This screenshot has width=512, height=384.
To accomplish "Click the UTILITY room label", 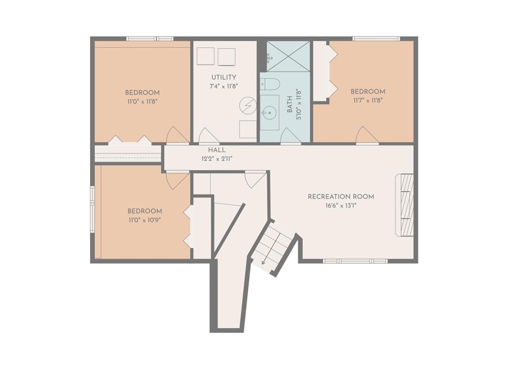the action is (223, 77).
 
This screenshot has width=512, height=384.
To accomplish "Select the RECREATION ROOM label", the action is (341, 196).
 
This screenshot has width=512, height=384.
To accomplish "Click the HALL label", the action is (217, 150).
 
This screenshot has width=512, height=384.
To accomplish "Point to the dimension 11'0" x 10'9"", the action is (144, 220).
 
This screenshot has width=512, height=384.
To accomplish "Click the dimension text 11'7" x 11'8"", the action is (367, 100).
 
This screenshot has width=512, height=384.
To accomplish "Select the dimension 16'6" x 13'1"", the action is (341, 205).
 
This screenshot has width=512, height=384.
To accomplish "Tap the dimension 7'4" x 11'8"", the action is (223, 86).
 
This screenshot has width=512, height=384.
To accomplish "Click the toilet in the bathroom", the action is (270, 84).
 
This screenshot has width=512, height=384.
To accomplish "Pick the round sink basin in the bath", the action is (269, 112).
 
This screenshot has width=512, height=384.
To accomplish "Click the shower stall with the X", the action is (288, 56).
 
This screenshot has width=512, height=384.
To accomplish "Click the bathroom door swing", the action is (290, 135).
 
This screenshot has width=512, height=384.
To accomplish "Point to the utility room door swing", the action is (209, 135).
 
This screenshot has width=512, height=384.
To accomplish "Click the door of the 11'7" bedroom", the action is (367, 134).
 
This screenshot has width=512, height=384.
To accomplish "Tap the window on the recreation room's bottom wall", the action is (355, 261).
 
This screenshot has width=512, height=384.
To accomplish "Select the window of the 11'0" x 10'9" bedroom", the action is (92, 209).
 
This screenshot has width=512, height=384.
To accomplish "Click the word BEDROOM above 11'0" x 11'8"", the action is (142, 92).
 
